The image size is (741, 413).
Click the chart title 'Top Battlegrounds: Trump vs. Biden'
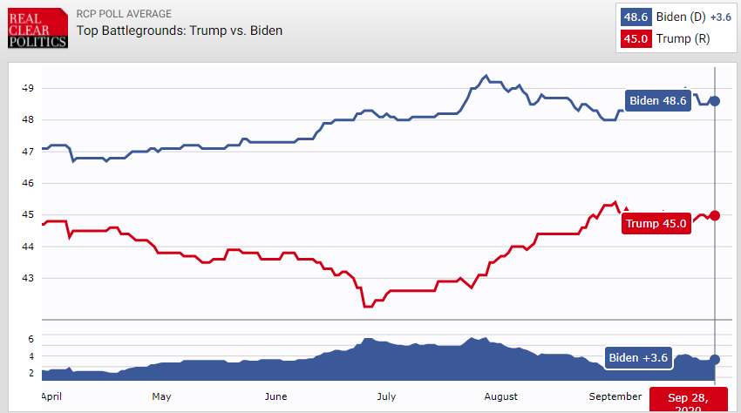point(180,30)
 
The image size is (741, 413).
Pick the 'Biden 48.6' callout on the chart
point(657,100)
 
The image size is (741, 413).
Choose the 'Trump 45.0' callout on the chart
point(656,224)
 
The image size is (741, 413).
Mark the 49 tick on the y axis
point(28,88)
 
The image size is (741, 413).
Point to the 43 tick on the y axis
point(28,278)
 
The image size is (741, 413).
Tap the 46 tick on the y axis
point(28,183)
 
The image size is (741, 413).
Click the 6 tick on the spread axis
point(30,338)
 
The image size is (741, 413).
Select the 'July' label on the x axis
point(386,396)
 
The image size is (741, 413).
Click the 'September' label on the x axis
point(615,396)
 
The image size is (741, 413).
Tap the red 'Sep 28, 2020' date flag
point(690,401)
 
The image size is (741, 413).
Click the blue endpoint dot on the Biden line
point(715,101)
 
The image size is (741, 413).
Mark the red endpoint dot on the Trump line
point(715,215)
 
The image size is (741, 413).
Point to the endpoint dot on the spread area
point(715,359)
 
